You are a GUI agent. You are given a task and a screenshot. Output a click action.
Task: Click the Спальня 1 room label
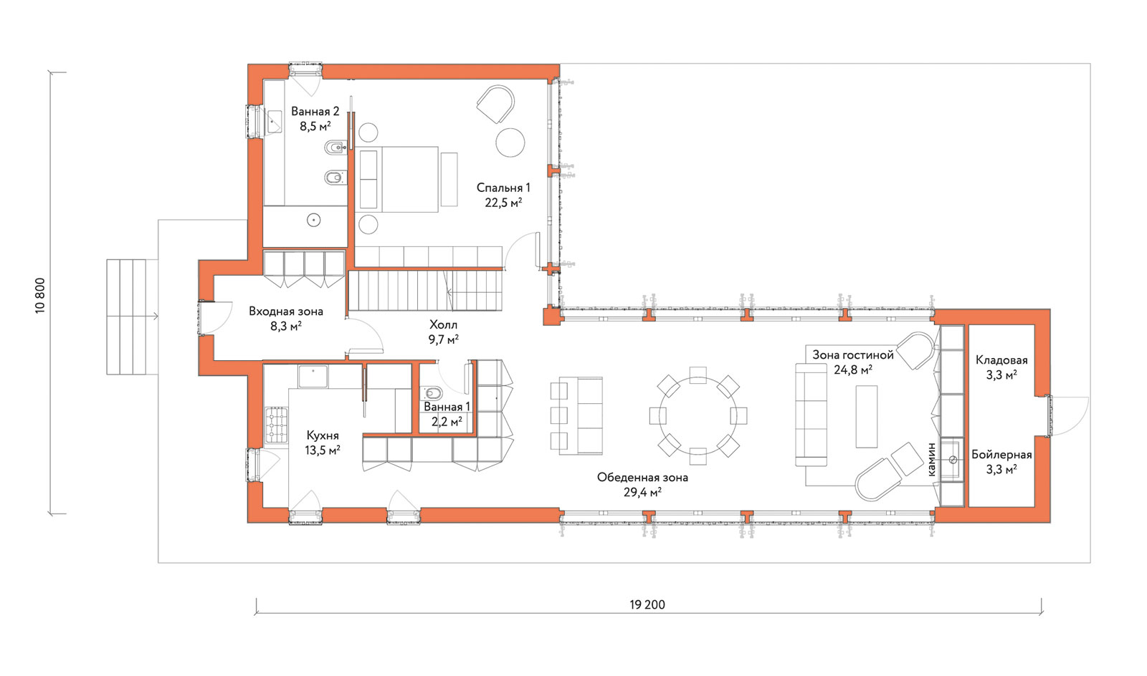tap(503, 188)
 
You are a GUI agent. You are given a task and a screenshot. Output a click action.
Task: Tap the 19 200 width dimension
tap(647, 604)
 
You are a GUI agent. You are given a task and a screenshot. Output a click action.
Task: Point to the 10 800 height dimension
tap(40, 296)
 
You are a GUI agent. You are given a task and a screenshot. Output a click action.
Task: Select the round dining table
tap(698, 416)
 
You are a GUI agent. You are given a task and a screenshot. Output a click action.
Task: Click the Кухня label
tap(323, 435)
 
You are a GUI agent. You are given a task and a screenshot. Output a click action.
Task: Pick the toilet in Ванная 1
tap(433, 393)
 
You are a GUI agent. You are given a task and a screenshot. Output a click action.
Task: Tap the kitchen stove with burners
tap(277, 425)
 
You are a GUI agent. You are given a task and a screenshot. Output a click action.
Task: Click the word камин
tap(931, 460)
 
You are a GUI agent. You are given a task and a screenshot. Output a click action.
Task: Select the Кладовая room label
tap(1001, 360)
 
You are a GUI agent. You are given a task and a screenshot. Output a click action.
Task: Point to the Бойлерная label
tap(1001, 455)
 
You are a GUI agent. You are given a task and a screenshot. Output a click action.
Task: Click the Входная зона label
tap(286, 312)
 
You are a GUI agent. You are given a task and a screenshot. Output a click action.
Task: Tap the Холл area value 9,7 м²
tap(444, 339)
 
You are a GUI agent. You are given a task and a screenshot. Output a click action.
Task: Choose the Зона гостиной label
tap(853, 355)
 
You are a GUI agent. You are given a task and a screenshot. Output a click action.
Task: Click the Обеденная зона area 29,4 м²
tap(642, 493)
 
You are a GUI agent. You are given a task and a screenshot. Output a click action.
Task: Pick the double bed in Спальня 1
tap(397, 179)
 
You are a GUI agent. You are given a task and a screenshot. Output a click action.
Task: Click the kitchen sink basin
tap(313, 377)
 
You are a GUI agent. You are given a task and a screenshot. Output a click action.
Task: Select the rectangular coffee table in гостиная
tap(867, 416)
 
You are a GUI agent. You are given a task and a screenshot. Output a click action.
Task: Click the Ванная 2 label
tap(315, 112)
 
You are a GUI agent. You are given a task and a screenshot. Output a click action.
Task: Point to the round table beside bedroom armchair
tap(510, 142)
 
